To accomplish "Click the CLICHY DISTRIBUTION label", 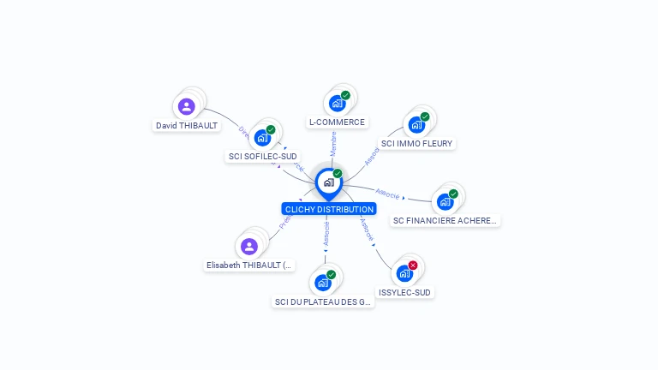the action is tap(329, 209).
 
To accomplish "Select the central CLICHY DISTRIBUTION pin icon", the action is tap(328, 182).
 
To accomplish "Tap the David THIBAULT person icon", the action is tap(187, 107).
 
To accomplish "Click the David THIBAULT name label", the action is tap(187, 125).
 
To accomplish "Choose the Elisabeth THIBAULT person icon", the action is tap(249, 247).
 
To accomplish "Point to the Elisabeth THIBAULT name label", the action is tap(250, 266).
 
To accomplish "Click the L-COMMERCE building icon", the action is tap(337, 104).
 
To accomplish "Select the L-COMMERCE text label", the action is tap(337, 122).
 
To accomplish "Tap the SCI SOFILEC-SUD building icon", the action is tap(263, 138).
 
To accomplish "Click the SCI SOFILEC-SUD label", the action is tap(263, 157).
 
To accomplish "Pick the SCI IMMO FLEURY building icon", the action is tap(416, 125).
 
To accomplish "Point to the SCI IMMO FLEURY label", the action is tap(417, 144).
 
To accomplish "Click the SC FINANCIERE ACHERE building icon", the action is tap(445, 202).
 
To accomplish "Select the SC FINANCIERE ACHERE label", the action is tap(445, 221).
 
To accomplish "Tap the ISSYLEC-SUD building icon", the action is tap(404, 274).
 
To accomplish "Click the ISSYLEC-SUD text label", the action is tap(405, 293).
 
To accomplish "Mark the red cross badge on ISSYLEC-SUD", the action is tap(413, 266).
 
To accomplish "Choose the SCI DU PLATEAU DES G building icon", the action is tap(323, 283).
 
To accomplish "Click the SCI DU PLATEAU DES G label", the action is tap(323, 301).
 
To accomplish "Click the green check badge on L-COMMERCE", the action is tap(345, 95).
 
